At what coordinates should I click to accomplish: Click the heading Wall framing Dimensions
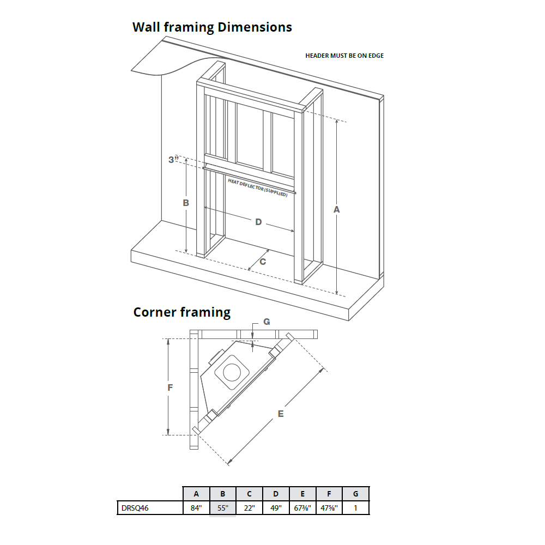pos(212,27)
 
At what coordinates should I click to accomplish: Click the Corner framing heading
pos(182,312)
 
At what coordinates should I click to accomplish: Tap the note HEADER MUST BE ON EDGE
pos(344,56)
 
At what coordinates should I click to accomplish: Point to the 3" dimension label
pos(174,160)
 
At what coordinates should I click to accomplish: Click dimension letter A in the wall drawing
pos(336,209)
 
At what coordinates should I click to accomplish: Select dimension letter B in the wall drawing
pos(186,202)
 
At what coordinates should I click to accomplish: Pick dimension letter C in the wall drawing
pos(263,262)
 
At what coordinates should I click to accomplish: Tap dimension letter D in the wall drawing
pos(258,222)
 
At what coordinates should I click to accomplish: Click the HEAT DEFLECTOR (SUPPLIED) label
pos(258,187)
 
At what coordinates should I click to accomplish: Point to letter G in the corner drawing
pos(267,322)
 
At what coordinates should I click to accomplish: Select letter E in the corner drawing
pos(281,414)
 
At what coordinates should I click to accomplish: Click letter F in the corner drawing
pos(170,388)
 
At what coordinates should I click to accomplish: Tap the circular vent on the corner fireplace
pos(232,372)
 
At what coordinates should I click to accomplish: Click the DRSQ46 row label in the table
pos(134,508)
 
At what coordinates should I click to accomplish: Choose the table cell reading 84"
pos(196,508)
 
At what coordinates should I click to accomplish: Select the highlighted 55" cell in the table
pos(223,508)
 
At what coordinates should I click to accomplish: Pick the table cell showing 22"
pos(249,508)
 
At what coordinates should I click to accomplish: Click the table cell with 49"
pos(276,508)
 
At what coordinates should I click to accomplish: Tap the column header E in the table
pos(302,494)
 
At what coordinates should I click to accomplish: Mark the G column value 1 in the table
pos(355,508)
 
